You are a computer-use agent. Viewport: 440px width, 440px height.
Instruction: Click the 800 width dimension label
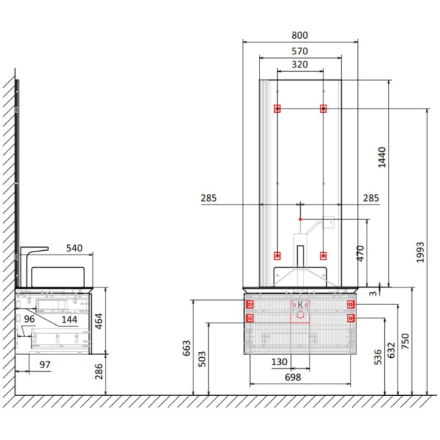pos(300,35)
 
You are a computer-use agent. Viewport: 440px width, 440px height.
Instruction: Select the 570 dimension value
pos(300,51)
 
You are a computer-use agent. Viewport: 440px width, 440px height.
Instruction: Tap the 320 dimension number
pos(300,65)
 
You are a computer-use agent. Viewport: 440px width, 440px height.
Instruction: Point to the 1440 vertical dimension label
pos(382,157)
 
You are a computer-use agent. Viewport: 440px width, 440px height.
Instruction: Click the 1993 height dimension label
pos(420,252)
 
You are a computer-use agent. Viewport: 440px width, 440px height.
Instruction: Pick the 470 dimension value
pos(360,254)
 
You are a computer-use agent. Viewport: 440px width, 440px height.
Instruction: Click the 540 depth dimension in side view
pos(74,248)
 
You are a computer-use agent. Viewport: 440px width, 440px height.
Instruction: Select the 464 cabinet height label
pos(99,321)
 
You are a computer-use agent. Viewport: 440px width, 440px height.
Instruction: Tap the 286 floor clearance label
pos(99,371)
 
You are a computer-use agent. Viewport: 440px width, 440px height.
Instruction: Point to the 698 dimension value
pos(293,378)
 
